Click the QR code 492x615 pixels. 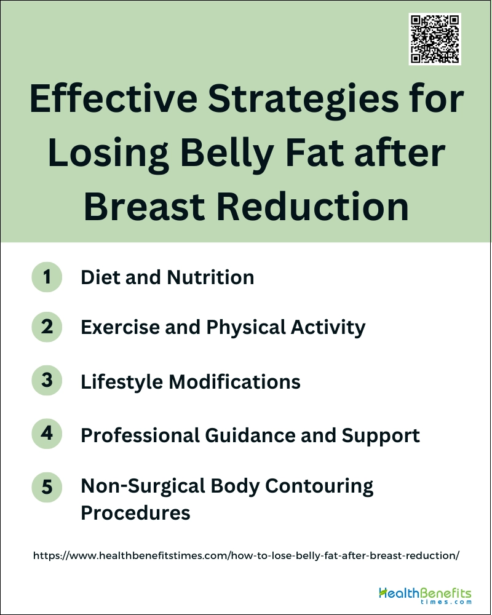[435, 39]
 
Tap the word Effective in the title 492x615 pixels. [114, 98]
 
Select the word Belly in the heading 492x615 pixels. [227, 153]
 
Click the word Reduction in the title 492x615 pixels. [312, 207]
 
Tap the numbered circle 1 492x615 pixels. [47, 277]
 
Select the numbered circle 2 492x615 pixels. [47, 327]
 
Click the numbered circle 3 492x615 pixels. [47, 381]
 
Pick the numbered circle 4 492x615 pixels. [47, 434]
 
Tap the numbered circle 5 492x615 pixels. [47, 487]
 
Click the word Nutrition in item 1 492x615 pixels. [211, 277]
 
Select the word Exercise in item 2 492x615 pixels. [120, 327]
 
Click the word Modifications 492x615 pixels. [234, 382]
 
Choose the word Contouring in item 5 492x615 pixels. [319, 486]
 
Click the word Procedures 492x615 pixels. [135, 513]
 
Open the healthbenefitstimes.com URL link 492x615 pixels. [246, 555]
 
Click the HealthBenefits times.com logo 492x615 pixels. [426, 596]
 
